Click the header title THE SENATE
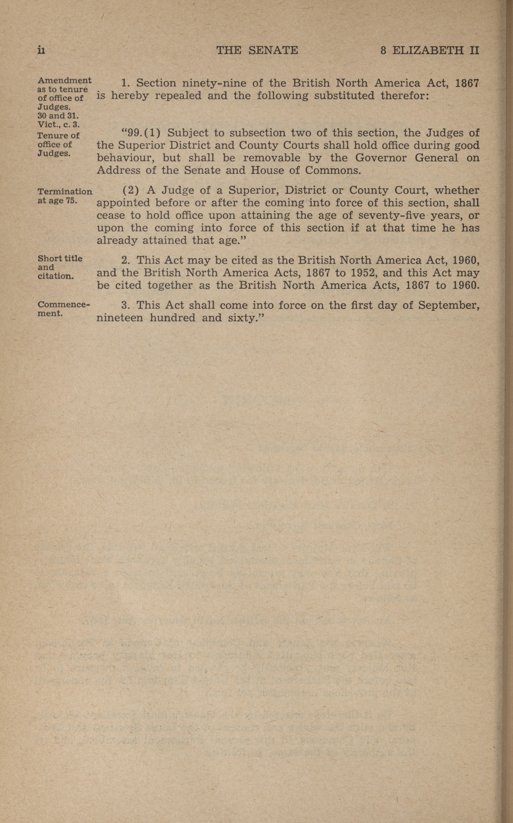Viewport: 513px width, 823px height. click(x=257, y=50)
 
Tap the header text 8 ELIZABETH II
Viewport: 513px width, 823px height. click(x=429, y=50)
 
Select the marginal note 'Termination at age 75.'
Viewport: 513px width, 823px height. click(x=64, y=196)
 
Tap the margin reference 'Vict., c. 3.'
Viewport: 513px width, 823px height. click(x=58, y=125)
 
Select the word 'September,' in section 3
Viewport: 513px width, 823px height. click(x=449, y=305)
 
